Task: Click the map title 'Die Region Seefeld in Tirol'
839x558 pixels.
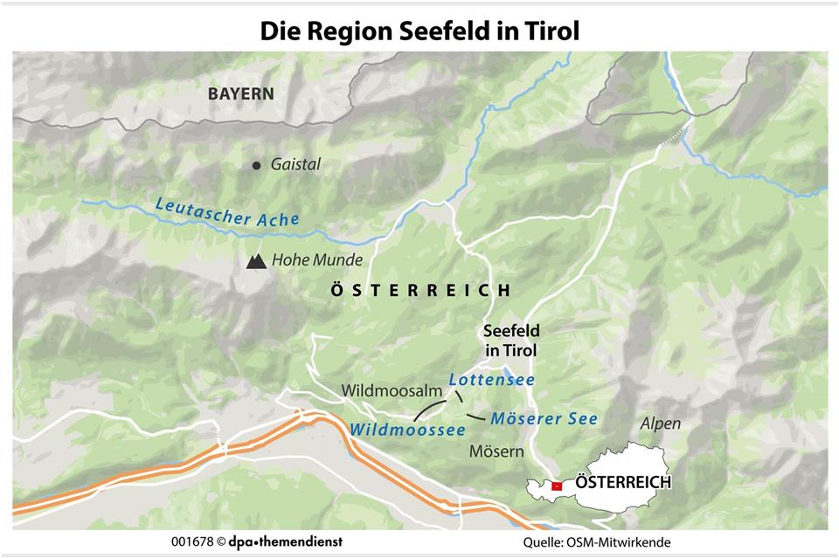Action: tap(419, 31)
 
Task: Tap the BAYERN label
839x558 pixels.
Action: tap(240, 94)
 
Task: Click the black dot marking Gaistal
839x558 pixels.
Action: tap(256, 165)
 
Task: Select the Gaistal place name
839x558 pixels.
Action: tap(295, 164)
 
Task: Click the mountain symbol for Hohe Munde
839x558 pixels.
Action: tap(257, 260)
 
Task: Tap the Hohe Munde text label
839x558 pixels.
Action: tap(316, 260)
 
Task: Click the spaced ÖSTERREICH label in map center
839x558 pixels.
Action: tap(419, 291)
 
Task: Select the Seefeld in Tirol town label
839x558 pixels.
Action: tap(512, 341)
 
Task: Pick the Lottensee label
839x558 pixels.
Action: tap(491, 380)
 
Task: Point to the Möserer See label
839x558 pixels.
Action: tap(544, 419)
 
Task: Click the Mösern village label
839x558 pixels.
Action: tap(496, 451)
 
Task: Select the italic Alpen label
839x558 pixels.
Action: tap(661, 424)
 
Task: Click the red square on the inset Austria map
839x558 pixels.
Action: tap(556, 486)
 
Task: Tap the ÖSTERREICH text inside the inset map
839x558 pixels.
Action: tap(623, 482)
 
